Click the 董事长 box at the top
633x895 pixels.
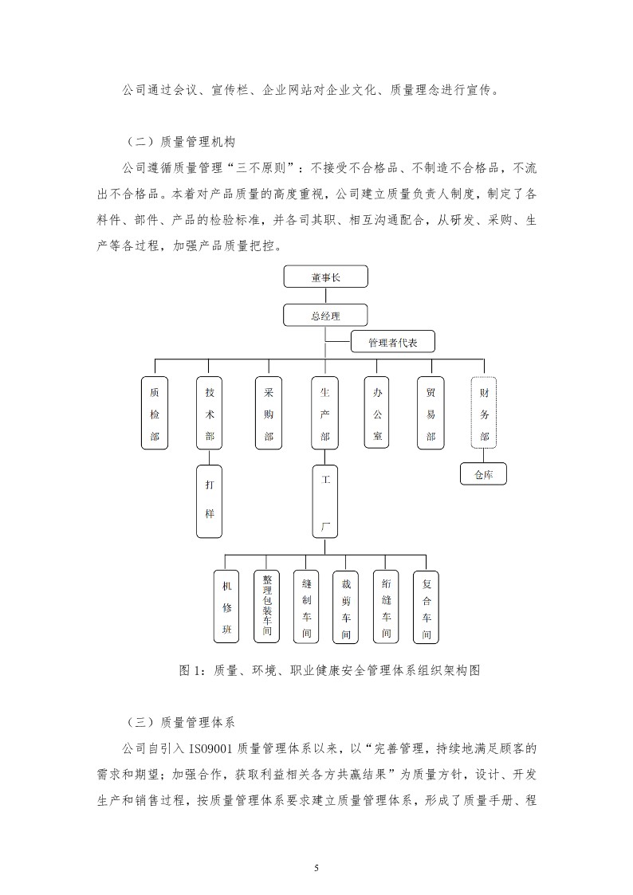(x=325, y=277)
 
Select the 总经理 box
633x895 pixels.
(x=325, y=315)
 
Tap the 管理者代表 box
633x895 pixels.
(x=393, y=342)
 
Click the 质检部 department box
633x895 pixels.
(x=155, y=414)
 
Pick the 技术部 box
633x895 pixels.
(x=210, y=414)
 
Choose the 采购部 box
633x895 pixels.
(x=269, y=414)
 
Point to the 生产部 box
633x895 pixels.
(x=324, y=414)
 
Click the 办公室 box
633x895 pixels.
(x=377, y=414)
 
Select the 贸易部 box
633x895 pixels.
(x=431, y=414)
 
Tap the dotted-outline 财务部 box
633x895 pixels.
(x=484, y=414)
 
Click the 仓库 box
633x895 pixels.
(x=483, y=473)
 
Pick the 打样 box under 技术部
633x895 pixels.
(x=210, y=501)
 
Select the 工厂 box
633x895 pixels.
(x=324, y=501)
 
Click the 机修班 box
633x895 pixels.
(x=227, y=606)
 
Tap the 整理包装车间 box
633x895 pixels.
(x=267, y=606)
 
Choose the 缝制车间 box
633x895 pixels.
(x=306, y=606)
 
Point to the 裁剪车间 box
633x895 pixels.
(x=346, y=606)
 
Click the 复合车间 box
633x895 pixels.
(x=427, y=606)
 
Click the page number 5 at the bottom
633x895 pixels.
(x=316, y=868)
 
